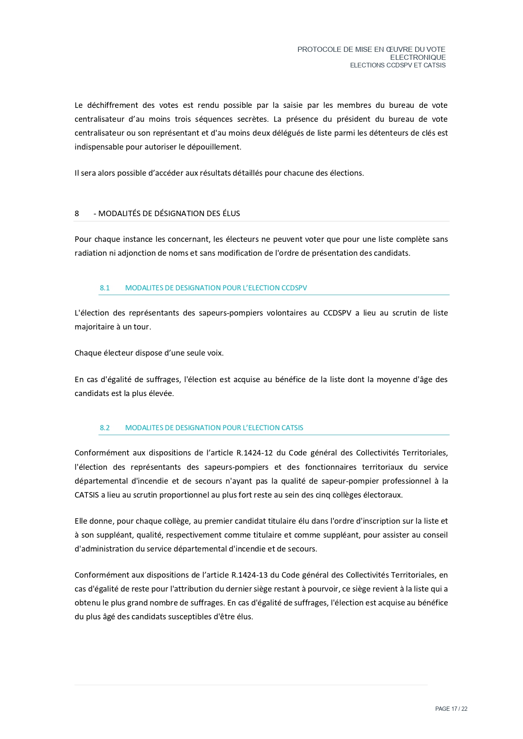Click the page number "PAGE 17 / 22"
[451, 709]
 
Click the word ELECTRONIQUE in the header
[418, 57]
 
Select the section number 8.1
[105, 288]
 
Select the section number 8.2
[105, 428]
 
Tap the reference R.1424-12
[255, 453]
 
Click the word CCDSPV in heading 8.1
[294, 288]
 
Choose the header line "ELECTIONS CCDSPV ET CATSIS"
[397, 65]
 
